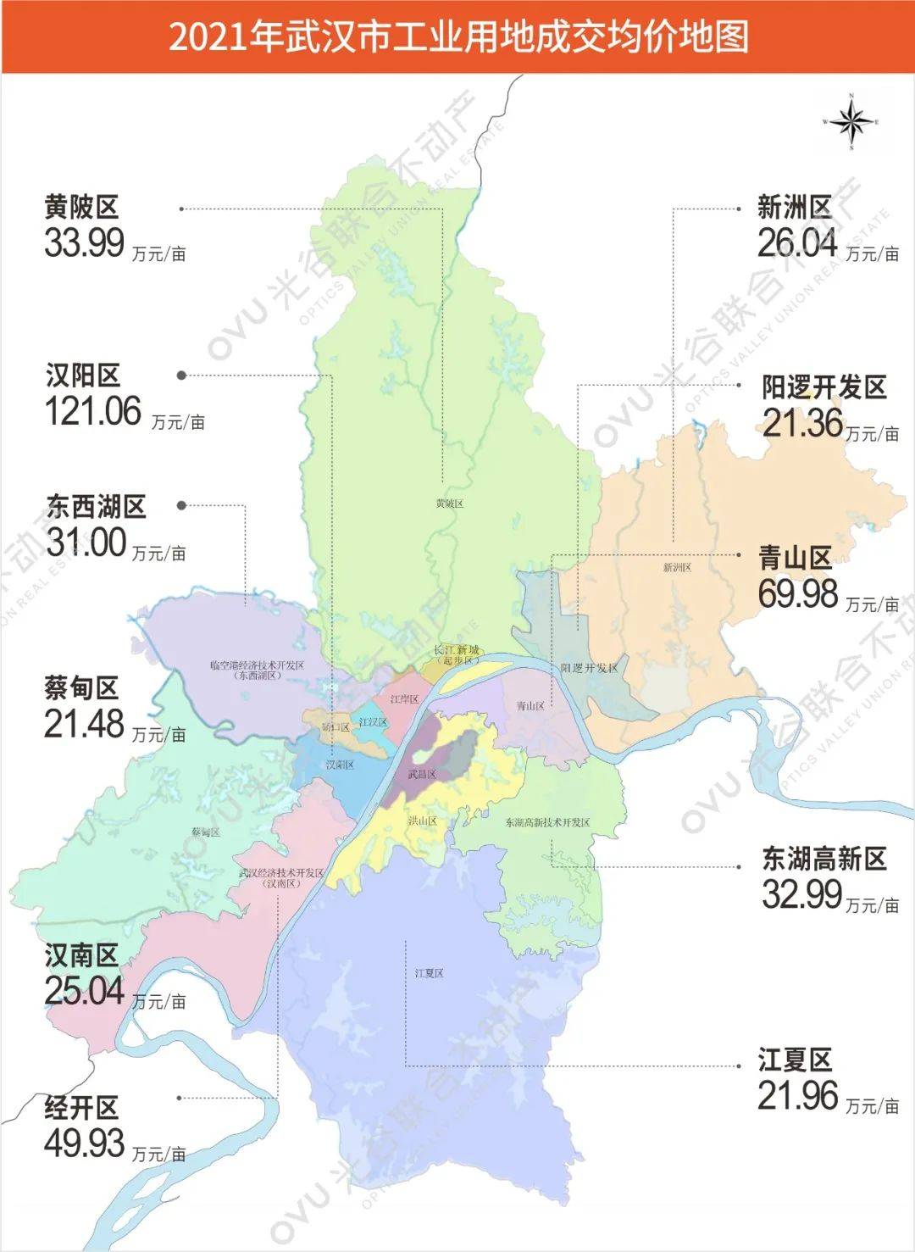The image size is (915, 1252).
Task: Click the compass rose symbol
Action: click(851, 122)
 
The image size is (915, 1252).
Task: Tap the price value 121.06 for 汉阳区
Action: click(93, 412)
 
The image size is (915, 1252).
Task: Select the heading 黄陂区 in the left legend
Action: click(81, 207)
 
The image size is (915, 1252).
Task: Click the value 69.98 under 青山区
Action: click(798, 593)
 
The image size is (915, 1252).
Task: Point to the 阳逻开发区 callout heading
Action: click(823, 387)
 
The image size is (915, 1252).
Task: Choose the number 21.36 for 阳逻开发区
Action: click(802, 423)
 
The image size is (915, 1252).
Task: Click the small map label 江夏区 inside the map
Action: click(430, 973)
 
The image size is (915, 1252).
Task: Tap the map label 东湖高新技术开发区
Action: click(547, 822)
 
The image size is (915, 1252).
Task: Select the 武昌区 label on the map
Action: click(421, 774)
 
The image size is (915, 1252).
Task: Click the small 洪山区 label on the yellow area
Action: click(422, 821)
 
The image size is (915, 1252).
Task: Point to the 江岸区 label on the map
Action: click(405, 699)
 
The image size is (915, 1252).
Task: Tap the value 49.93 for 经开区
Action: click(85, 1143)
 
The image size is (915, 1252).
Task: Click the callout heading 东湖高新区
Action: click(823, 859)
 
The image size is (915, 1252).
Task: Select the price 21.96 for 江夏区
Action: click(798, 1096)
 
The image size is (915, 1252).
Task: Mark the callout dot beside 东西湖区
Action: click(181, 505)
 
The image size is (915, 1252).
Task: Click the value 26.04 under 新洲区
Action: click(797, 243)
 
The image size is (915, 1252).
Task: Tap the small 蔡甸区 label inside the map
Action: click(206, 832)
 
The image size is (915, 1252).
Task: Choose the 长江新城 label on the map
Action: click(457, 650)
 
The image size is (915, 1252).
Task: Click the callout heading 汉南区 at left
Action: click(81, 956)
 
